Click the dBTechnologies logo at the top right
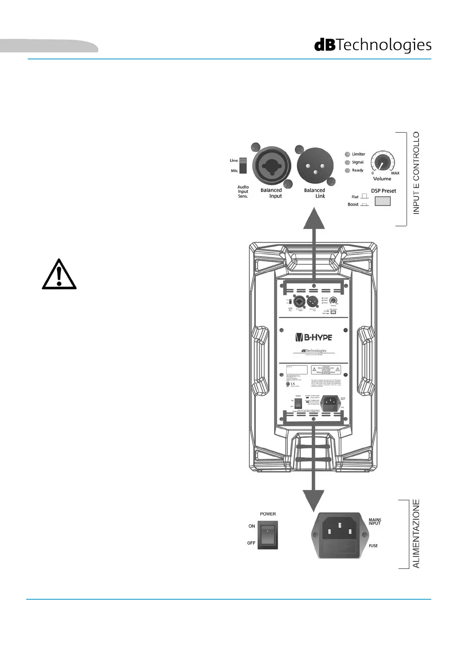tap(373, 45)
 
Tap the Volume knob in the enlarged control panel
tap(382, 163)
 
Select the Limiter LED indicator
tap(347, 154)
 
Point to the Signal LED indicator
tap(347, 163)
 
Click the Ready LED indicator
tap(347, 170)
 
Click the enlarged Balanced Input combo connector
tap(272, 166)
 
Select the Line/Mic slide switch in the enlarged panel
tap(242, 165)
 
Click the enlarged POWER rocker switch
tap(267, 535)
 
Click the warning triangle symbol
tap(59, 274)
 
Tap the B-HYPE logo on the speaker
tap(313, 338)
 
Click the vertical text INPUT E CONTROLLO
tap(416, 173)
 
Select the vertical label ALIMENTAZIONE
tap(416, 534)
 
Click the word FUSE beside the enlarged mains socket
tap(373, 546)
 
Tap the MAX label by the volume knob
tap(395, 173)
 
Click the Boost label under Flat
tap(353, 205)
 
